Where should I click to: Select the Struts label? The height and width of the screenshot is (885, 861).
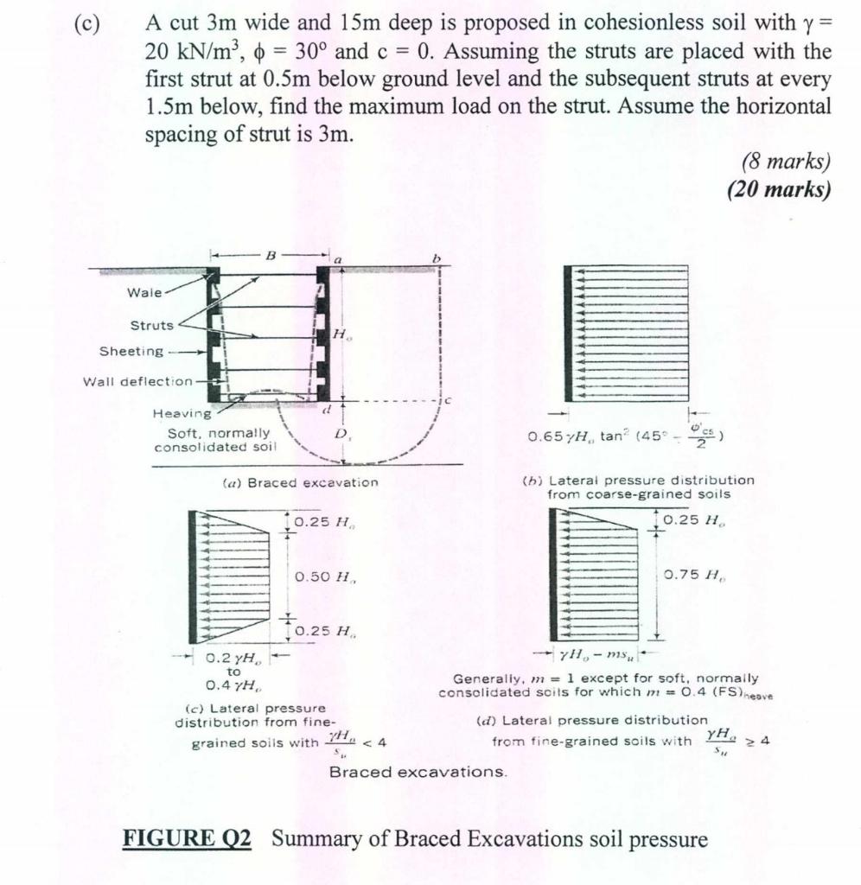(151, 326)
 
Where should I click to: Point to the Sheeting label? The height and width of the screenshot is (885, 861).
(131, 351)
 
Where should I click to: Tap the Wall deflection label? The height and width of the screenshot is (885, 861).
(137, 380)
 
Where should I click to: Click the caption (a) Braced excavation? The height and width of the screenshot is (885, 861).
(295, 482)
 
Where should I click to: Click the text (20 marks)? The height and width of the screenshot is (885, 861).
(779, 189)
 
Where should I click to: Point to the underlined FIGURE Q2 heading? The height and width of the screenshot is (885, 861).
(188, 839)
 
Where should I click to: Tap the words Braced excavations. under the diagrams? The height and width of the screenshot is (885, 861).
(418, 772)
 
